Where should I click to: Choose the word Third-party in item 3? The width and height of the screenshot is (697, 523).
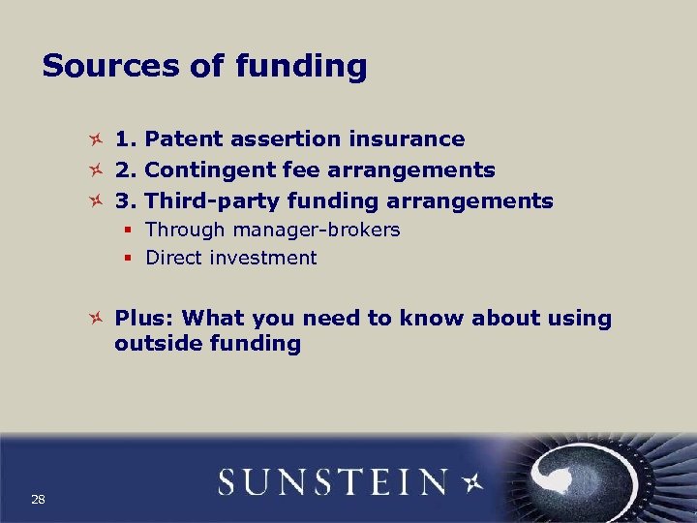click(205, 201)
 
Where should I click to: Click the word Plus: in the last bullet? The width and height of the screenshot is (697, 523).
click(144, 319)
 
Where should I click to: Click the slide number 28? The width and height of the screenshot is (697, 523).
click(39, 499)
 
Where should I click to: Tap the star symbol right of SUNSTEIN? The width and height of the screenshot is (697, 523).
click(471, 481)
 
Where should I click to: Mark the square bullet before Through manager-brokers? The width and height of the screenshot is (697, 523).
click(128, 231)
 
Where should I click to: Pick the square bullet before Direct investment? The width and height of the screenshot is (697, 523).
click(128, 258)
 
